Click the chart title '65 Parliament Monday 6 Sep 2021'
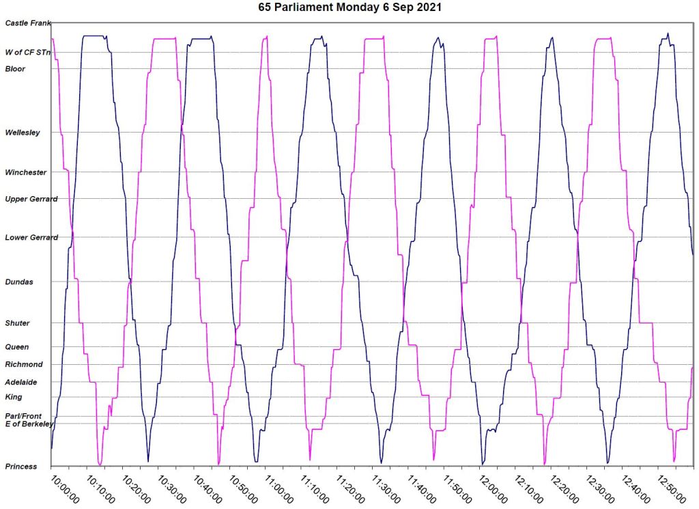[x=349, y=8]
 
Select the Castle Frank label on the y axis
[x=28, y=23]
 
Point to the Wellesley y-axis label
[x=23, y=133]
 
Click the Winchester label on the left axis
[x=25, y=172]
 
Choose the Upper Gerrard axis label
[x=31, y=199]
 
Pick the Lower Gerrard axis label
[x=31, y=238]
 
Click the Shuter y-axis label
[x=18, y=322]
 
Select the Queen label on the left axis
[x=17, y=347]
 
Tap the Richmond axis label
[x=23, y=364]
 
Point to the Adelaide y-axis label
[x=21, y=382]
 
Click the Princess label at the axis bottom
[x=21, y=467]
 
